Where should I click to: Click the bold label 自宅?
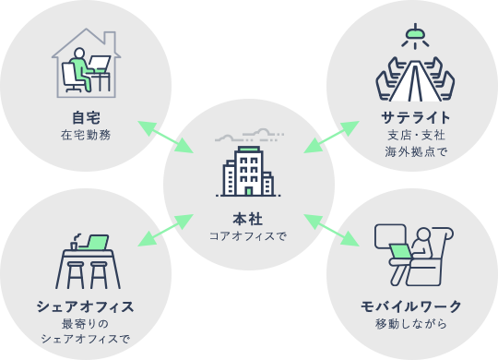click(x=86, y=117)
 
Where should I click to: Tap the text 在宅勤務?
click(x=86, y=135)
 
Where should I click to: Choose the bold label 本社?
click(x=247, y=219)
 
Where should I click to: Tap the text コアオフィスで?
click(x=247, y=236)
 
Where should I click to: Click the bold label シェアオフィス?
click(x=86, y=306)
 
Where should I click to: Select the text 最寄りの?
click(x=86, y=323)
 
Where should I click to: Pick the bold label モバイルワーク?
click(x=411, y=306)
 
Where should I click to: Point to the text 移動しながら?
click(x=411, y=323)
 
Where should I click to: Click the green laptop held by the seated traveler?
click(x=401, y=251)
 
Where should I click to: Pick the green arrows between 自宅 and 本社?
click(x=166, y=137)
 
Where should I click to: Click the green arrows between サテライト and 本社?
click(x=331, y=137)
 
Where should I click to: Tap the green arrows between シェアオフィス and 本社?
click(x=166, y=229)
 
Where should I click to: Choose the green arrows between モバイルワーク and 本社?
click(x=331, y=229)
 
